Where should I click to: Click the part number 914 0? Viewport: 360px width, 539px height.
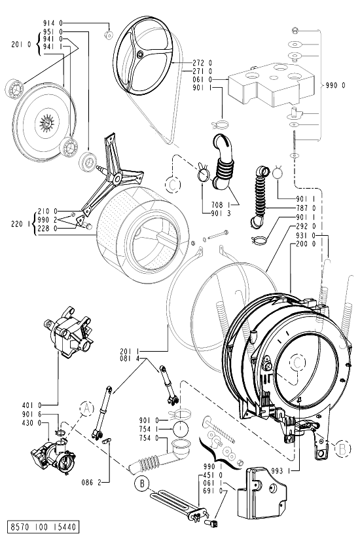click(53, 23)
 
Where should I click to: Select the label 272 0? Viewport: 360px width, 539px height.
click(202, 63)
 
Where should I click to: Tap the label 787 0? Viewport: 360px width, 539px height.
click(306, 208)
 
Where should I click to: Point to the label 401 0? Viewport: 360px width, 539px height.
click(31, 405)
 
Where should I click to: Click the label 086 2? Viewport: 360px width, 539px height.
click(92, 483)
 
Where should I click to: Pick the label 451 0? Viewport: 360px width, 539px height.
click(213, 475)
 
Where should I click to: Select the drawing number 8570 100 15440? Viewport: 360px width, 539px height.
click(44, 527)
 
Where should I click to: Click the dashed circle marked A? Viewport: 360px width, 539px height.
click(86, 409)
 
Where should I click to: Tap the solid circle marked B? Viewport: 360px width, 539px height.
click(142, 483)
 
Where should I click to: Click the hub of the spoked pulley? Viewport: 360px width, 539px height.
click(141, 54)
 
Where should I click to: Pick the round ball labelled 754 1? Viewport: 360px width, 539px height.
click(181, 430)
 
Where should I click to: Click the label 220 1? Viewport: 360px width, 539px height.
click(22, 224)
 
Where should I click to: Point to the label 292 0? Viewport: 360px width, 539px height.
click(306, 226)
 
